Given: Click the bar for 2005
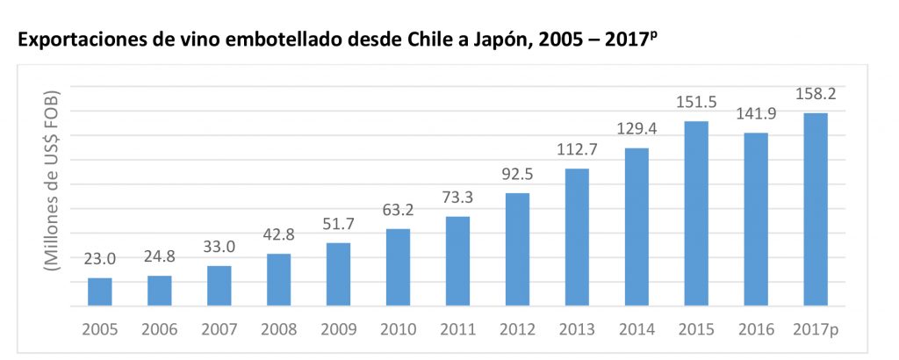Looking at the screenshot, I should point(100,292).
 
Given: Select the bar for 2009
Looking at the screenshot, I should point(338,275).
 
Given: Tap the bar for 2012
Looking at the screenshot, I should point(517,250).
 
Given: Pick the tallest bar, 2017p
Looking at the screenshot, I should point(815,210).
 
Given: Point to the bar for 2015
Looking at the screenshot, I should point(696,214).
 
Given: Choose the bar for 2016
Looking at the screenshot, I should point(756,220).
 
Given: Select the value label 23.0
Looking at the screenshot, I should point(100,260).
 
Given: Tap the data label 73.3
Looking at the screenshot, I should point(457,198).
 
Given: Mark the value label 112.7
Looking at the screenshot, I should point(577,151).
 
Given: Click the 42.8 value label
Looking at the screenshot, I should point(278,236).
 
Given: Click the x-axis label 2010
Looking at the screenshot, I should point(398,330).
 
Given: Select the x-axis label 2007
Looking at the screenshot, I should point(219,330).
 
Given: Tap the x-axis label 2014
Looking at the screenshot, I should point(636,330).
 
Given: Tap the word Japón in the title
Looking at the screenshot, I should point(520,41).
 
